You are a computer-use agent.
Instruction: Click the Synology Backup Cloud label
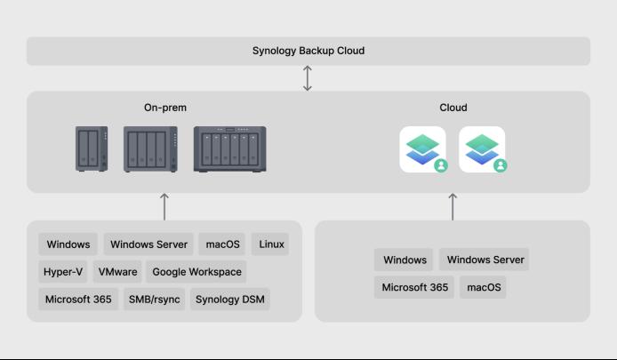pos(308,51)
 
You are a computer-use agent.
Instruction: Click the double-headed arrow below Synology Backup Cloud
pos(308,78)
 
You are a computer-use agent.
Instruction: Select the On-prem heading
pos(165,108)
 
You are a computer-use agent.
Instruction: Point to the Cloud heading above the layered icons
pos(453,108)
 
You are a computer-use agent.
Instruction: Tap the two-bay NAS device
pos(92,148)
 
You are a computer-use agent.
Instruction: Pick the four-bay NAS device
pos(147,149)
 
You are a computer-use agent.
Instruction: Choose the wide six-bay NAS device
pos(229,148)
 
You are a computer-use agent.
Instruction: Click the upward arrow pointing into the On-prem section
pos(165,206)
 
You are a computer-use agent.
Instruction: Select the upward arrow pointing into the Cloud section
pos(453,206)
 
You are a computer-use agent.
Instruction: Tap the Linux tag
pos(272,244)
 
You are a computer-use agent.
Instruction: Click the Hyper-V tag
pos(62,272)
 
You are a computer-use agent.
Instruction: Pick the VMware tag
pos(118,272)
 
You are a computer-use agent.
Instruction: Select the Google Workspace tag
pos(196,272)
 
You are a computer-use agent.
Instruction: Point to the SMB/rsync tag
pos(154,300)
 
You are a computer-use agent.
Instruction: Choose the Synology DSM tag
pos(229,300)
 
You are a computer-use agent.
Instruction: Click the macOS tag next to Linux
pos(222,244)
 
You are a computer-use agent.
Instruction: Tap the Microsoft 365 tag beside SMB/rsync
pos(78,300)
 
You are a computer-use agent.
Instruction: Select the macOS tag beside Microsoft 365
pos(484,287)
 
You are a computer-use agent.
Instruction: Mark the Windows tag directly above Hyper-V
pos(68,244)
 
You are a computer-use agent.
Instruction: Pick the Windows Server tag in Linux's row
pos(149,244)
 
